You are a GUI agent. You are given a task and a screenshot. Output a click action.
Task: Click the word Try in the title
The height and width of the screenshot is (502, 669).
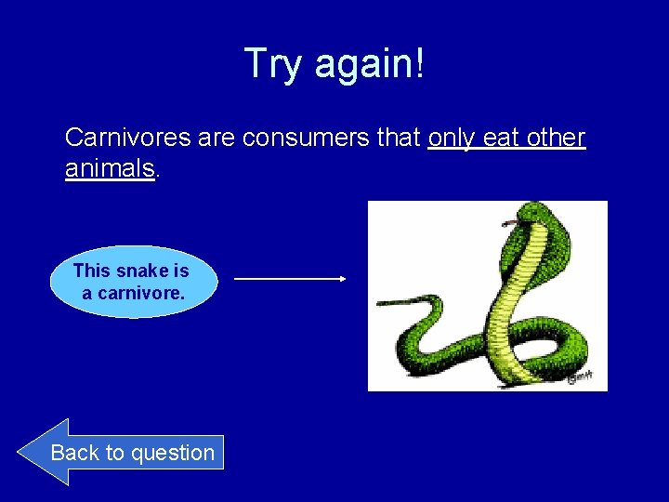click(x=274, y=64)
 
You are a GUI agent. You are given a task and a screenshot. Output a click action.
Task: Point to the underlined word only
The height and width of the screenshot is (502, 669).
click(x=453, y=139)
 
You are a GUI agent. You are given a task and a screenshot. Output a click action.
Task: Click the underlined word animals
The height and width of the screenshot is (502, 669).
click(x=109, y=168)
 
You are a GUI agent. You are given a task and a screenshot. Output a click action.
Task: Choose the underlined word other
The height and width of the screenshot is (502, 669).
click(x=555, y=139)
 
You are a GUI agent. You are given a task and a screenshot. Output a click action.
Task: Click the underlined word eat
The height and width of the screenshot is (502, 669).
click(x=502, y=139)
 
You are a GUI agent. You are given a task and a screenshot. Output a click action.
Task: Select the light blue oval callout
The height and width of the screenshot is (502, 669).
click(x=131, y=282)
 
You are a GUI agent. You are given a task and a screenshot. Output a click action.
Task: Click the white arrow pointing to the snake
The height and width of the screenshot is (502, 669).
click(x=290, y=278)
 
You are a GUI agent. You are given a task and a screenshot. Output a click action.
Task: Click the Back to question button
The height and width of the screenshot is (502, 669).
click(x=121, y=453)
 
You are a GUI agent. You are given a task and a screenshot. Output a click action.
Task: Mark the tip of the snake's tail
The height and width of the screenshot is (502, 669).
click(x=378, y=303)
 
